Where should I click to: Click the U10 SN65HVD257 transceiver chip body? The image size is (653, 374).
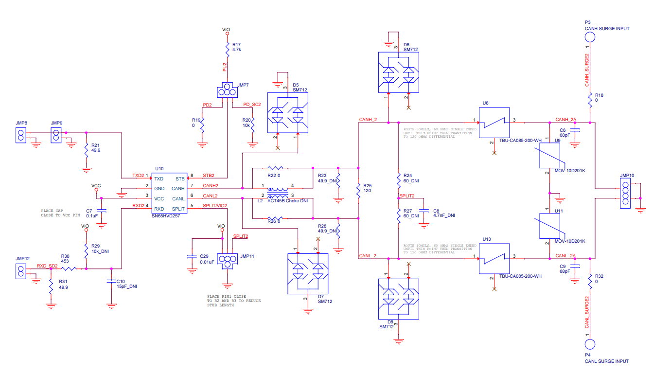169,193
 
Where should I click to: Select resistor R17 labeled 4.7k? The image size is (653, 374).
227,48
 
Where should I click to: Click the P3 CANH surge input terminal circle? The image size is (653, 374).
590,37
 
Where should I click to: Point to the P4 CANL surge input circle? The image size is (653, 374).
590,344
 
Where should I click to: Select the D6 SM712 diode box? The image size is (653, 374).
398,72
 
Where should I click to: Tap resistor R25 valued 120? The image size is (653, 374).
358,191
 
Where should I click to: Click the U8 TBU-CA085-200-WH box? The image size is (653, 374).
494,123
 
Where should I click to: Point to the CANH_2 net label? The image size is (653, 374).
368,119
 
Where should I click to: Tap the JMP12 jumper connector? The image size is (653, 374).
21,271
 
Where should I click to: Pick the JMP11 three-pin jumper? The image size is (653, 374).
227,262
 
